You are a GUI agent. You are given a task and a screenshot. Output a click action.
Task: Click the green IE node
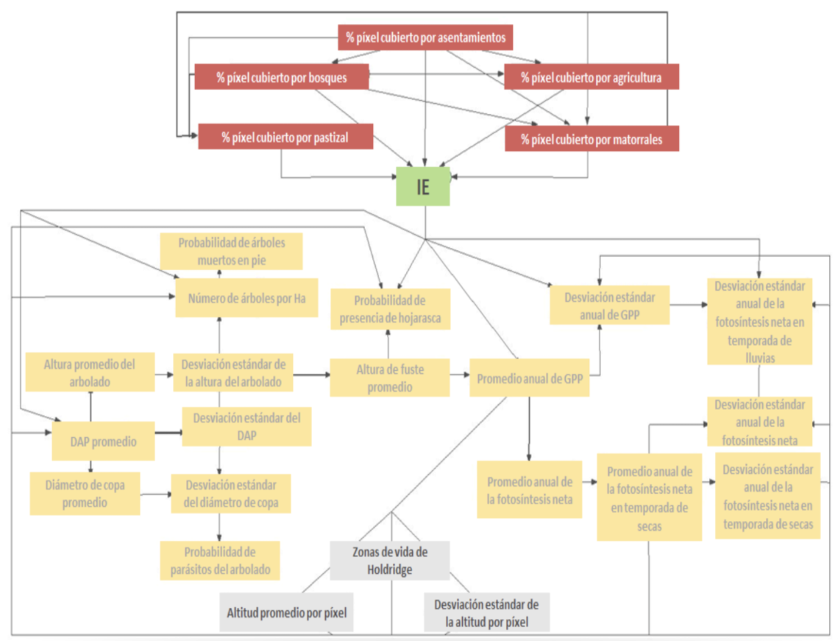click(x=422, y=186)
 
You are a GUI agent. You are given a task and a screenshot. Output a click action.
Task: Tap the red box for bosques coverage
click(x=281, y=77)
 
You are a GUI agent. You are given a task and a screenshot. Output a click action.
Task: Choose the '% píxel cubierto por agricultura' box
click(x=592, y=77)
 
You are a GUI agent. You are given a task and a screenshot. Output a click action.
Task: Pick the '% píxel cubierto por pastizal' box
click(x=285, y=137)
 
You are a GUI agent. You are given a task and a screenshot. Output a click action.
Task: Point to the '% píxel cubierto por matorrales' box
click(x=592, y=139)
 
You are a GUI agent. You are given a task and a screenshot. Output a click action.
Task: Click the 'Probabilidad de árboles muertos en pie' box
click(x=231, y=251)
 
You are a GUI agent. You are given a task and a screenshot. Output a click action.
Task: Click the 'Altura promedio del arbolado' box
click(x=90, y=372)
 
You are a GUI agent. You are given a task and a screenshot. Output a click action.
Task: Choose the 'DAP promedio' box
click(x=103, y=442)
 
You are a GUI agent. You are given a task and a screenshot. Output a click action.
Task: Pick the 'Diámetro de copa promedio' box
click(x=85, y=493)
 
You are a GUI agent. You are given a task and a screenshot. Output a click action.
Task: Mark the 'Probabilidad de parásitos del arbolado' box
click(x=220, y=560)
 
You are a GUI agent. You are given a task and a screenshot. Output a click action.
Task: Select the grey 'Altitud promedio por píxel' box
click(x=287, y=612)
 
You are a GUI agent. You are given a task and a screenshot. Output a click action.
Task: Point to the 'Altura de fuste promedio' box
click(x=389, y=377)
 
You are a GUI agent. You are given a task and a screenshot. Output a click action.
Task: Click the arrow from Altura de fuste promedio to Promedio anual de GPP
click(x=459, y=375)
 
